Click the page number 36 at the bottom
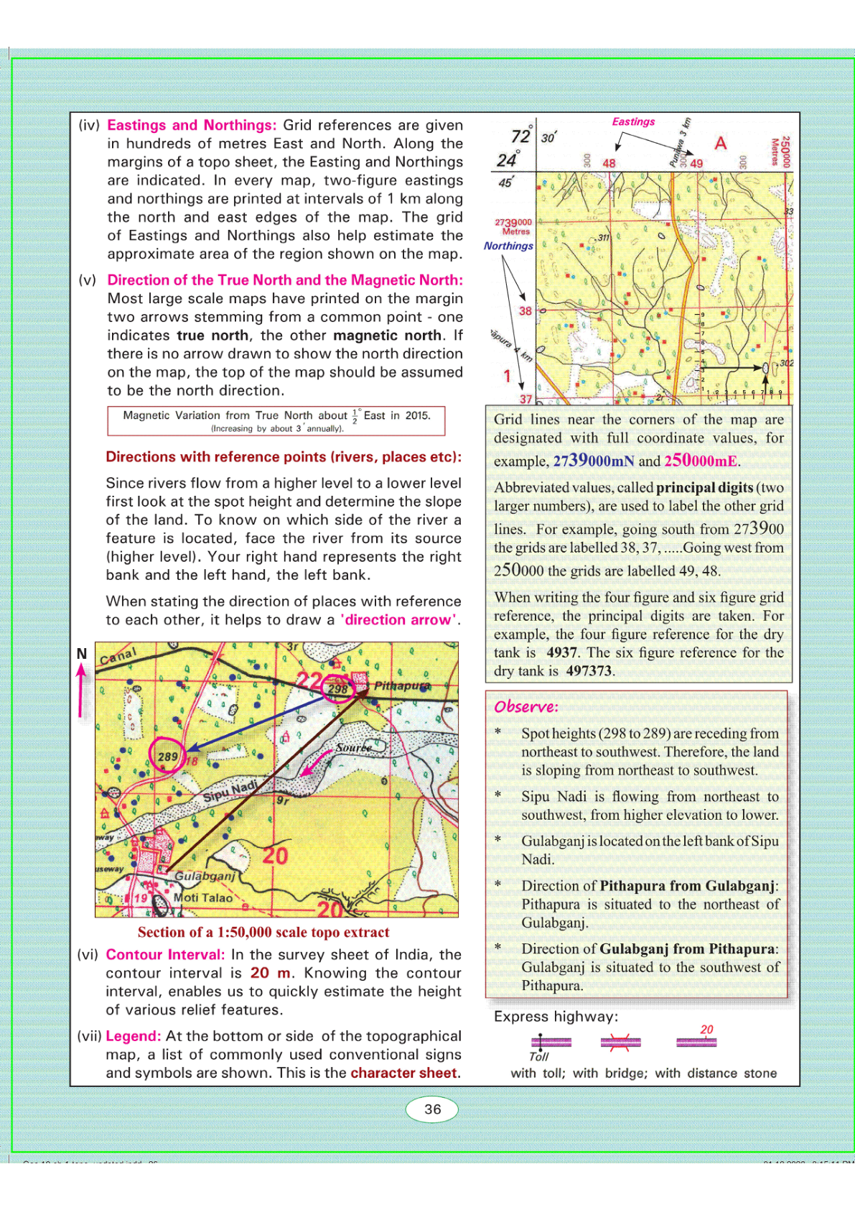432,1109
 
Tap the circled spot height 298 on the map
337,688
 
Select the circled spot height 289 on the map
167,757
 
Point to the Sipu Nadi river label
230,791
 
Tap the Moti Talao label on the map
203,897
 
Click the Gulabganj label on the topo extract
205,876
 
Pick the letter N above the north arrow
82,653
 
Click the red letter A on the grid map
720,143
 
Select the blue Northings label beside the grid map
508,246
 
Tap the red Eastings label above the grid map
633,121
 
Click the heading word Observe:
525,706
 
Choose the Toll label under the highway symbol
538,1056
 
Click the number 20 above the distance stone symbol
706,1029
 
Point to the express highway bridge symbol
620,1042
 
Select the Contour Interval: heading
165,954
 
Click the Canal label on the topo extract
118,656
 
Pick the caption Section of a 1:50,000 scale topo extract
263,932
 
